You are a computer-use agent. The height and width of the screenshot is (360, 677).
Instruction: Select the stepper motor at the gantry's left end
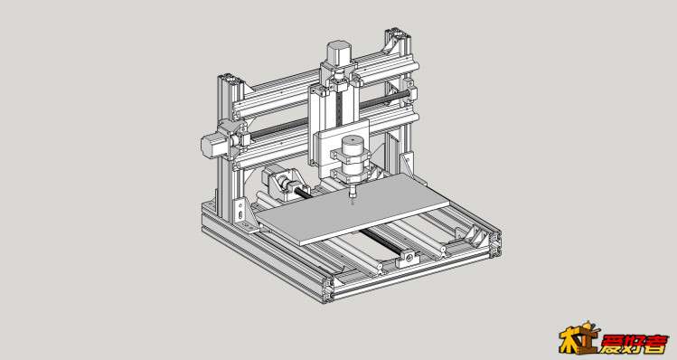click(x=212, y=146)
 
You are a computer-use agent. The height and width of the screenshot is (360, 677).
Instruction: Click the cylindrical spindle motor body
click(x=353, y=158)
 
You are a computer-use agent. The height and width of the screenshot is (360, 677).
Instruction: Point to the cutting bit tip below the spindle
click(x=353, y=202)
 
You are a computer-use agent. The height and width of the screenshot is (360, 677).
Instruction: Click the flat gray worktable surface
click(x=353, y=208)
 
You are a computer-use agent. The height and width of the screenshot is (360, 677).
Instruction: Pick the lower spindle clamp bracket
click(x=352, y=175)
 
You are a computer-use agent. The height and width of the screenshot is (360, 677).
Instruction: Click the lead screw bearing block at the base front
click(x=408, y=258)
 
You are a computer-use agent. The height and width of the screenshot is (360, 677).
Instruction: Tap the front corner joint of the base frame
click(x=328, y=289)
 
